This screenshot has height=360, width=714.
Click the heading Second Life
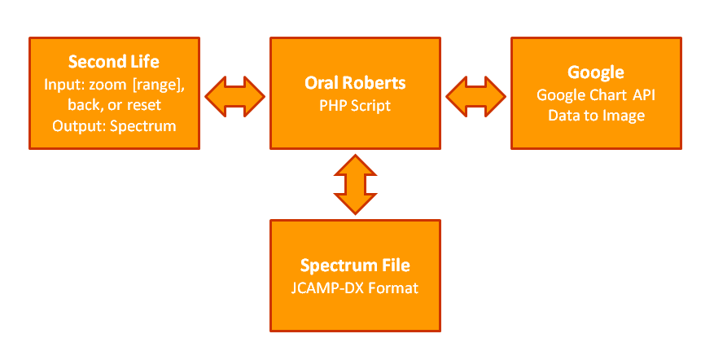click(x=114, y=62)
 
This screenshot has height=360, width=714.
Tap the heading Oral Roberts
click(x=355, y=83)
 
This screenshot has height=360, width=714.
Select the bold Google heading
click(x=596, y=72)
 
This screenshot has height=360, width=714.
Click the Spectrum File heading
click(x=355, y=266)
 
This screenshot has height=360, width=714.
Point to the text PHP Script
click(x=355, y=106)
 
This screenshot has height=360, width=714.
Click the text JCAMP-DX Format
click(x=355, y=288)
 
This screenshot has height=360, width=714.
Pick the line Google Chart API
click(x=596, y=95)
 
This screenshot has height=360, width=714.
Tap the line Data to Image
click(x=596, y=116)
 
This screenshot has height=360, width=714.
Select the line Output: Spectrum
click(x=114, y=126)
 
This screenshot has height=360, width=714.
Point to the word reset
click(x=144, y=105)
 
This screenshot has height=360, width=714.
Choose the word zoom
click(x=110, y=86)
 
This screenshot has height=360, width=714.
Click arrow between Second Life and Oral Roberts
click(x=235, y=97)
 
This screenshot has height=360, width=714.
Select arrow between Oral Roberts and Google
click(x=475, y=97)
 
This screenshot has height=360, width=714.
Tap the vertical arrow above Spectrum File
click(x=355, y=185)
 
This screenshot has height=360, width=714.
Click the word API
click(x=644, y=95)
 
